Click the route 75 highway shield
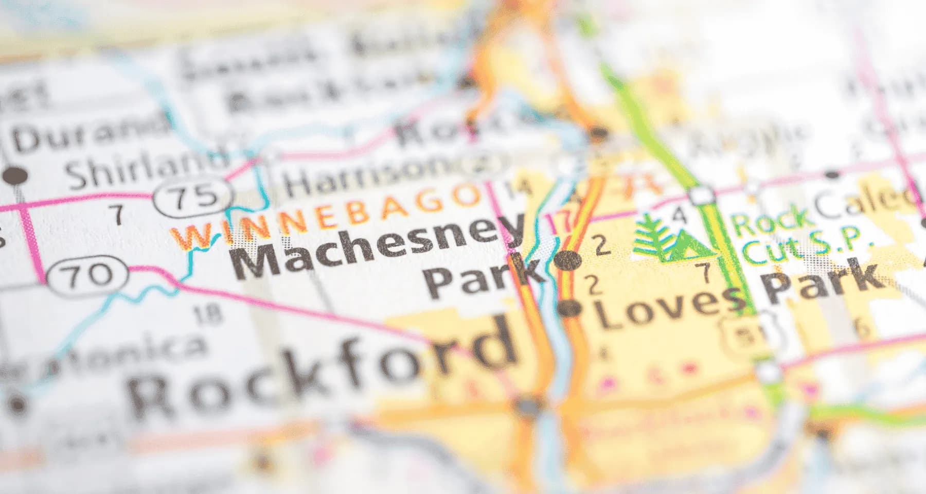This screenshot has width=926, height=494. click(x=194, y=197)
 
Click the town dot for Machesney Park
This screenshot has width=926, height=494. click(x=568, y=261)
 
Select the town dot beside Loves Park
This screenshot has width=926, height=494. click(x=570, y=309)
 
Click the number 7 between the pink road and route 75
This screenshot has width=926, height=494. click(x=118, y=214)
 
